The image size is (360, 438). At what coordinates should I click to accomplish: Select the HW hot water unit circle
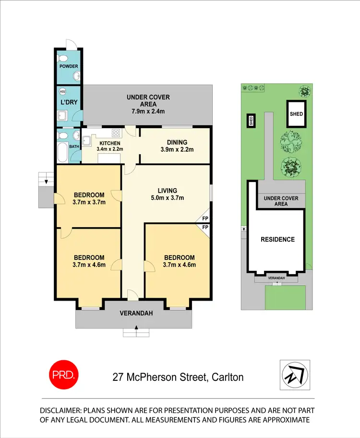pos(62,92)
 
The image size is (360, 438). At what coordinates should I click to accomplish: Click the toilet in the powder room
pos(61,59)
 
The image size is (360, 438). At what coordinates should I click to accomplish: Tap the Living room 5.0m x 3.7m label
pos(167,194)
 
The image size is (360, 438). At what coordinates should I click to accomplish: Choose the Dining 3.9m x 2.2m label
pos(177,146)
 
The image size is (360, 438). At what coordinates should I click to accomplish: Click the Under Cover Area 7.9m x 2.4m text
pos(148,104)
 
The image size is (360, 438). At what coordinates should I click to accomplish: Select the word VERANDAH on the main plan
pos(136,314)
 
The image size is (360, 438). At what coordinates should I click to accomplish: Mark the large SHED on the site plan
pos(296,114)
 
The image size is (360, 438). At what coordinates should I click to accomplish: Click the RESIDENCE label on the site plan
pos(277,239)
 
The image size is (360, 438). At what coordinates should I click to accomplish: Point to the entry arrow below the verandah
pos(136,328)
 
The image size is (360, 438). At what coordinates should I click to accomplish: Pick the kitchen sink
pos(87,140)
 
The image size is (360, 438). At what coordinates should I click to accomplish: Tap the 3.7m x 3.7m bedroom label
pos(89,198)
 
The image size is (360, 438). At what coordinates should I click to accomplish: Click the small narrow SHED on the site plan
pos(250,121)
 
